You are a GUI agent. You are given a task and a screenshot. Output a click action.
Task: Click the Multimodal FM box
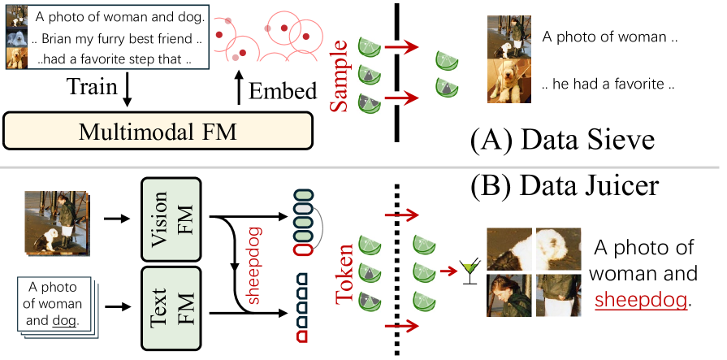pyautogui.click(x=158, y=129)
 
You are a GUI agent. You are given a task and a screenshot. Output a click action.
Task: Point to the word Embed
pyautogui.click(x=282, y=91)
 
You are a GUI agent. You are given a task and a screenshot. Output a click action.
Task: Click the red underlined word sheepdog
pyautogui.click(x=641, y=299)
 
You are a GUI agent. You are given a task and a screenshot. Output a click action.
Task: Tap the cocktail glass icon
pyautogui.click(x=467, y=271)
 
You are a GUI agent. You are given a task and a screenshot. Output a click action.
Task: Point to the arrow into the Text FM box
pyautogui.click(x=121, y=308)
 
